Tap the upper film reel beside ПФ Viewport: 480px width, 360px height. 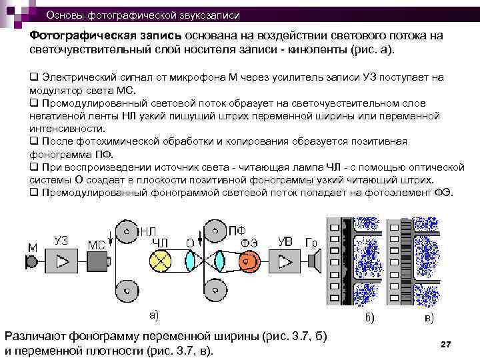[214, 233]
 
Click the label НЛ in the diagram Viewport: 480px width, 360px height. [147, 231]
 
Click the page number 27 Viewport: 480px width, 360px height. [446, 343]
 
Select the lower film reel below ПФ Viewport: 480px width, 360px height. [214, 291]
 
